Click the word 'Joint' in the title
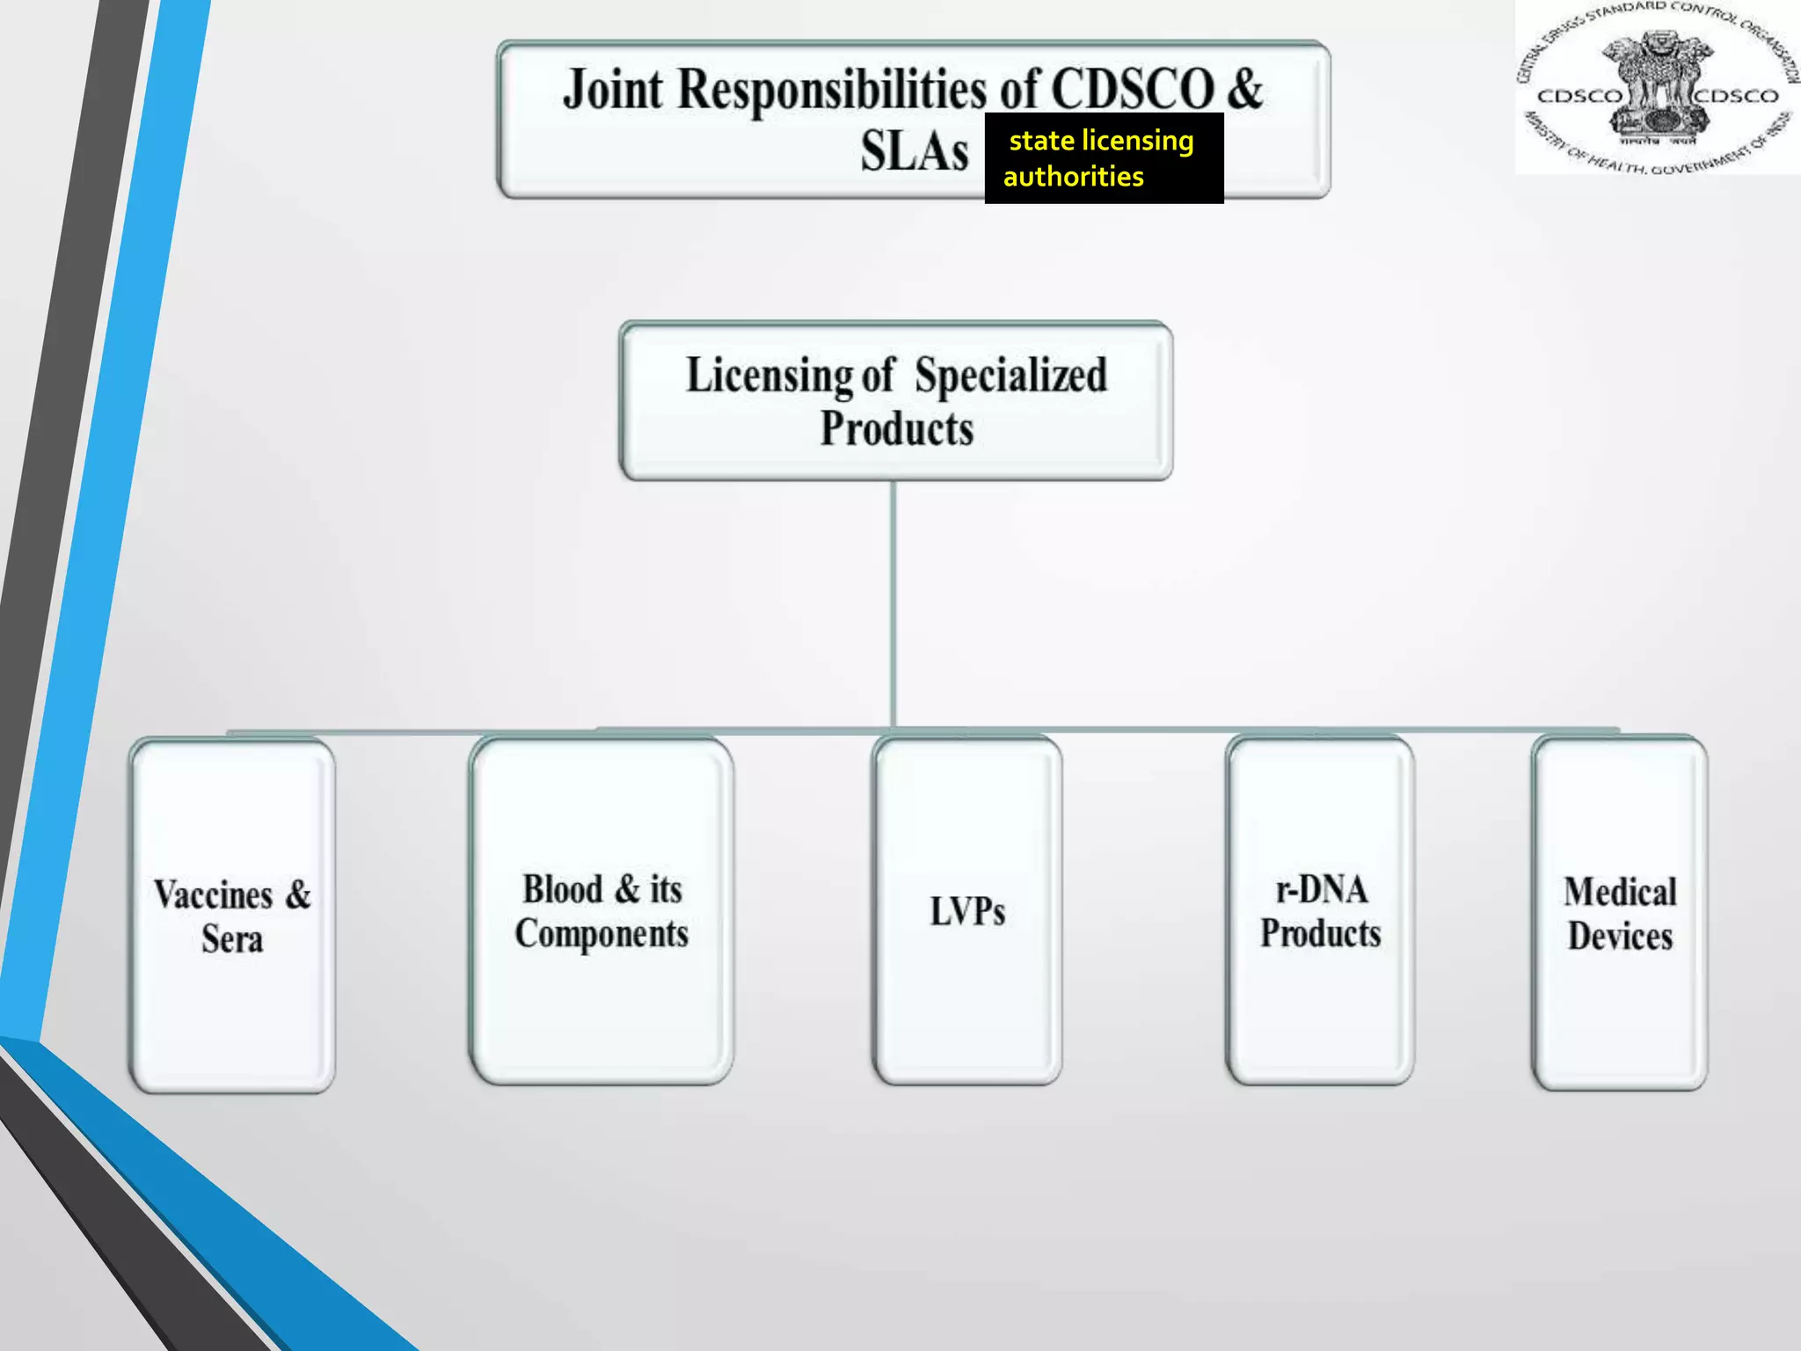pos(612,90)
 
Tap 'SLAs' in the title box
pos(915,151)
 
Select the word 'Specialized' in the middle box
pos(1010,376)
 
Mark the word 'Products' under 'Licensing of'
pos(896,429)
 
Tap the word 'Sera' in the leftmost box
pos(232,939)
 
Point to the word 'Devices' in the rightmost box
pos(1620,937)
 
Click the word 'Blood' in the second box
pos(563,889)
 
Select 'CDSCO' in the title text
pos(1133,90)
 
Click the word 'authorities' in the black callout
pos(1074,177)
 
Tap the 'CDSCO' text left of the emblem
pos(1579,96)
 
